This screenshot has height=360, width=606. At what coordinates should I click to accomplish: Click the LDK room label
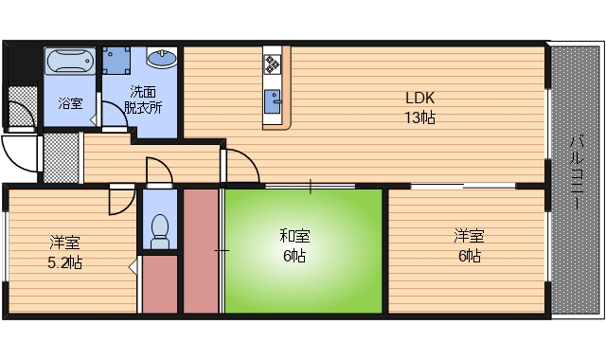(420, 98)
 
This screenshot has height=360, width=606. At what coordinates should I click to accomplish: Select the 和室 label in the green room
(294, 234)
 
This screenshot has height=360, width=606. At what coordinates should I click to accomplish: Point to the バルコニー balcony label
(576, 176)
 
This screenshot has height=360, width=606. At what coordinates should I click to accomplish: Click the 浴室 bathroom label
(70, 103)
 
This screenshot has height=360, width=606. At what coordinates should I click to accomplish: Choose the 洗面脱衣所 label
(146, 99)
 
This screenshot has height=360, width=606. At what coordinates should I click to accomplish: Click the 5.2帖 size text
(65, 262)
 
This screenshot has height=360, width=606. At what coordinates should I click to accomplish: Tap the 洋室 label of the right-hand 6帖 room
(469, 235)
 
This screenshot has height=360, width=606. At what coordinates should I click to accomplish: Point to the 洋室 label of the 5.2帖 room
(65, 243)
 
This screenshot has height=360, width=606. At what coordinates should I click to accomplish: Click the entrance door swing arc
(18, 151)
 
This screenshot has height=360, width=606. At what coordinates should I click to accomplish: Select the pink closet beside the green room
(200, 251)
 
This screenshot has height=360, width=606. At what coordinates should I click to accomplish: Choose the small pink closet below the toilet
(160, 283)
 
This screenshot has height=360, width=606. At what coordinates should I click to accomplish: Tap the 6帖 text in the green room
(294, 255)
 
